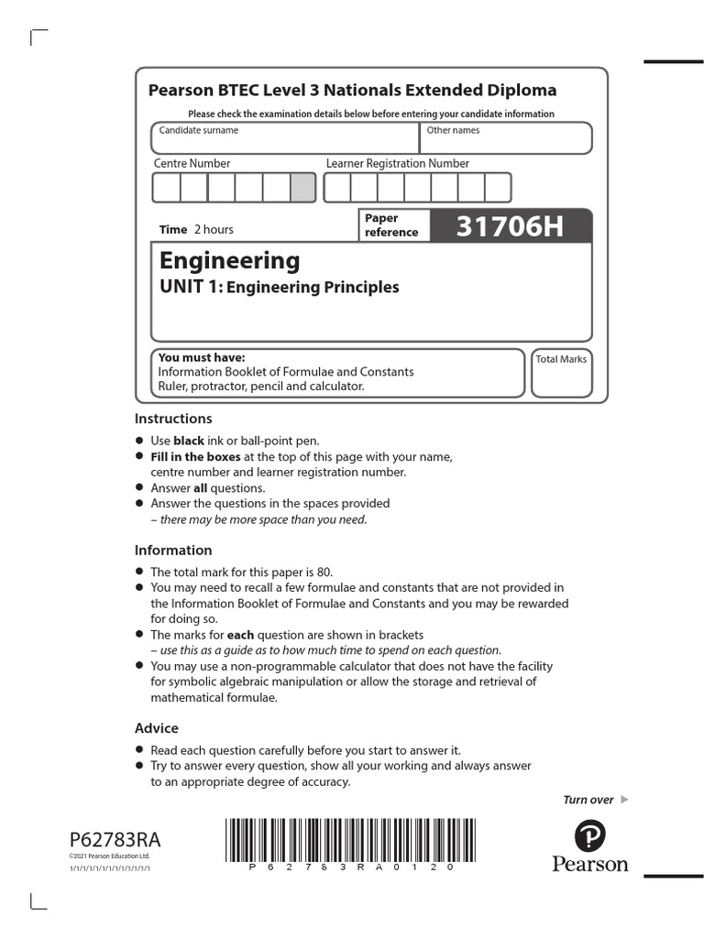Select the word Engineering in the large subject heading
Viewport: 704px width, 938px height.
(229, 261)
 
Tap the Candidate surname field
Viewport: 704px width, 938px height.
(285, 139)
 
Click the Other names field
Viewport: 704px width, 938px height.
(506, 139)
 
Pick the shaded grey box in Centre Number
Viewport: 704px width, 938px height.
(302, 188)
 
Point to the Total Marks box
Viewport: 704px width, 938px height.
(561, 373)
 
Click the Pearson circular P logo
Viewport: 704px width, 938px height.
(589, 836)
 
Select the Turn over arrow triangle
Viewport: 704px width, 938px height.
(624, 800)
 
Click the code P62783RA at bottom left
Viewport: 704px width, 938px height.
(107, 840)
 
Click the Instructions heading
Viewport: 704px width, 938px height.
(173, 419)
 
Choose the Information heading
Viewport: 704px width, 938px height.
(173, 551)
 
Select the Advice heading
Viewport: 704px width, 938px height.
(157, 728)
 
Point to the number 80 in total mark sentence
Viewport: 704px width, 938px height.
(324, 572)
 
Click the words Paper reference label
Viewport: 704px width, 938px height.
(391, 225)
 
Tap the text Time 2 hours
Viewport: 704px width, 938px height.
(196, 230)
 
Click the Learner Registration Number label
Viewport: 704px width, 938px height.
(397, 164)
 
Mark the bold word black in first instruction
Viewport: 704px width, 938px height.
(189, 441)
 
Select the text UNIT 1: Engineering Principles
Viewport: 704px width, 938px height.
(280, 288)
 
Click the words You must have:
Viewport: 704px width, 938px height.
(202, 357)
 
